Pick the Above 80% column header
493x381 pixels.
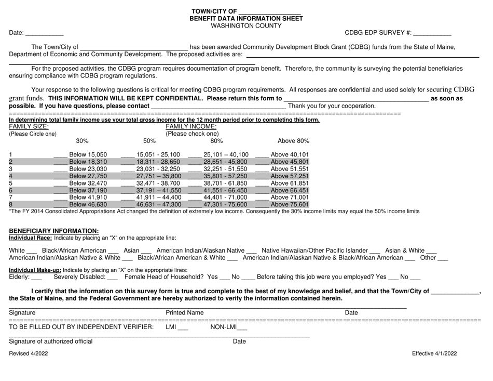click(x=293, y=140)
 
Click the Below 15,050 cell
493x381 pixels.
click(x=88, y=154)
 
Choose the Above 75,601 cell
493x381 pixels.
click(x=290, y=205)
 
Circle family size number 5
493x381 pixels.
click(x=11, y=183)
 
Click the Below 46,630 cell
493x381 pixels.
click(x=88, y=205)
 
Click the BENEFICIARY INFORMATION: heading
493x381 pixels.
click(x=54, y=231)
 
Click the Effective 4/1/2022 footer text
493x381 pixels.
click(x=434, y=353)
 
